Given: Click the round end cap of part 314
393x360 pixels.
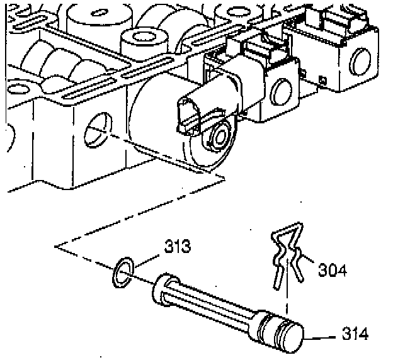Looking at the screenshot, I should pos(293,336).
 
